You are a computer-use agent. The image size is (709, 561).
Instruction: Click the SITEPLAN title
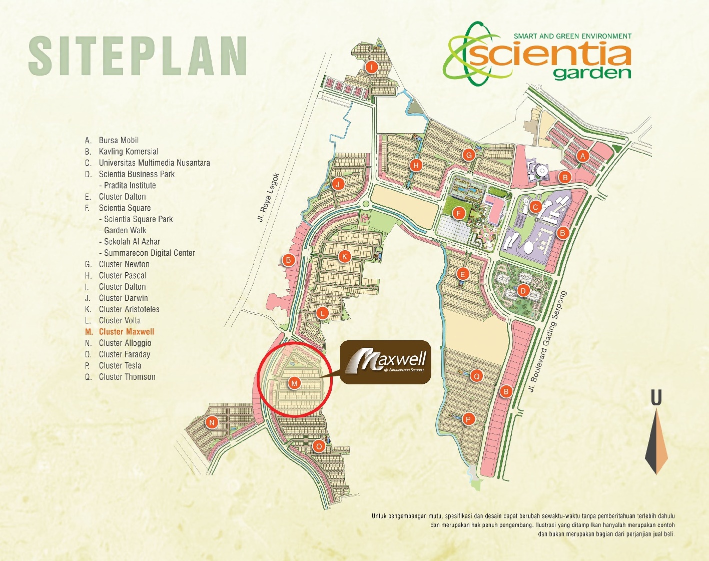138,56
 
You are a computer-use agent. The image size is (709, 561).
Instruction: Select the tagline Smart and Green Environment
572,36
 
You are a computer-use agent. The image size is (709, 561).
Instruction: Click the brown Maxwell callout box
385,362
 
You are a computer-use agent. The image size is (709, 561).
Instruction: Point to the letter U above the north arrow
656,398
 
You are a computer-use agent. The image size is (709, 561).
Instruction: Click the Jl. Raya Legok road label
269,198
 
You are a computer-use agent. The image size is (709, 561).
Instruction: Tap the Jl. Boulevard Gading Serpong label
548,341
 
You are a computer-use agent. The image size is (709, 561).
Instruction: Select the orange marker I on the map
371,67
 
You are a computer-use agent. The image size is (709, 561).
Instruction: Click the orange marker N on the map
212,422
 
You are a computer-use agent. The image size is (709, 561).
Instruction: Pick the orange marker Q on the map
477,376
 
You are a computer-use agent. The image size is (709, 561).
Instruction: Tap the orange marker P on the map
468,419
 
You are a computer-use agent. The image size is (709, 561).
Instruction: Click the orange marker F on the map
458,213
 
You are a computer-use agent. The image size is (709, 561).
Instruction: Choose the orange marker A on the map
582,156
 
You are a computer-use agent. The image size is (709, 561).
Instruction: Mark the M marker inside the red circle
294,383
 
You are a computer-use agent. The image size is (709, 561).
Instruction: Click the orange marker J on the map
338,184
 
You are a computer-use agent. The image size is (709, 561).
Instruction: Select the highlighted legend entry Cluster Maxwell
126,332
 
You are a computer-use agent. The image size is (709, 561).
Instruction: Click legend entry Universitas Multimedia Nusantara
154,163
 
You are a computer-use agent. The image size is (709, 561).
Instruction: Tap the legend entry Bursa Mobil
119,140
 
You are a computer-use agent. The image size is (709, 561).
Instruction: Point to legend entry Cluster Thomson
127,377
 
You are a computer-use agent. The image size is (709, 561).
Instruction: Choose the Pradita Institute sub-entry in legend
130,185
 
